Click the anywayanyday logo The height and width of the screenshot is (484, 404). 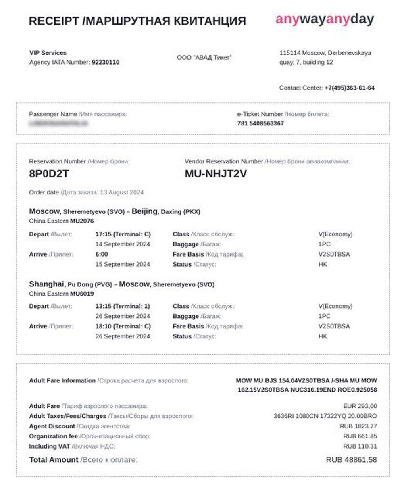[325, 19]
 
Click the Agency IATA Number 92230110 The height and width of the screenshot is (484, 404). [106, 63]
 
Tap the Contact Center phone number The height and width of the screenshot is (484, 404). [350, 88]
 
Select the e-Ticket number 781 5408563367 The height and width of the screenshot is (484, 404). [260, 123]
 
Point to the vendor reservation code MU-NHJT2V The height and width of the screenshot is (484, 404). [216, 174]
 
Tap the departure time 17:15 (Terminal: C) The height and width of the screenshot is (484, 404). [123, 234]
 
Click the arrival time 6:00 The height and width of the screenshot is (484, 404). [102, 255]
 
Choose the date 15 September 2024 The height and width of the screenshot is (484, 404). [123, 265]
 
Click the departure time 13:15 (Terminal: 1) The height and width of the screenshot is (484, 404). [123, 306]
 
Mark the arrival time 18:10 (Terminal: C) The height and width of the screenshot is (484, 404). [123, 326]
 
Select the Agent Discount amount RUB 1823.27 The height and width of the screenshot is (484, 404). [358, 426]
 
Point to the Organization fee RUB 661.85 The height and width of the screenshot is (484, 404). [360, 436]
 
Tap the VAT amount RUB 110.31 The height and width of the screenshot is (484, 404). [360, 446]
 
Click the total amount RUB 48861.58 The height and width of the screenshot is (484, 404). [351, 460]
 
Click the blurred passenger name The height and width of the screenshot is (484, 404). [58, 123]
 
